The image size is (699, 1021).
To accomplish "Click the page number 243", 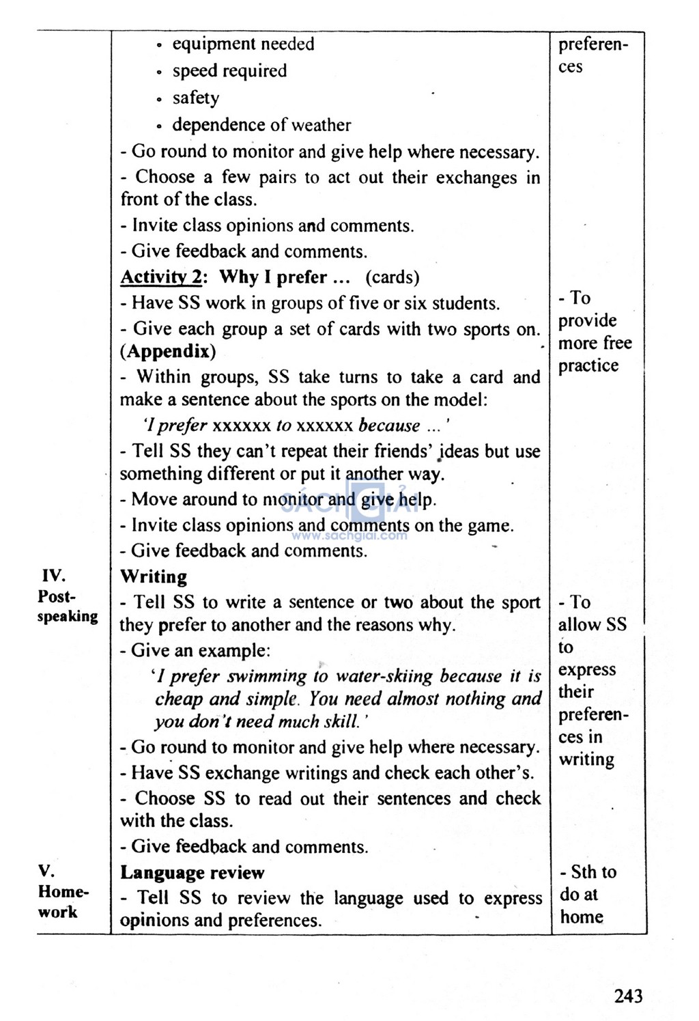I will pos(628,996).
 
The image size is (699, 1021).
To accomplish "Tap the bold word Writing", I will pos(154,576).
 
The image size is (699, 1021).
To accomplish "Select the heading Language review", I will pos(192,872).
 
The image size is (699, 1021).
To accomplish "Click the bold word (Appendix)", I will pos(168,352).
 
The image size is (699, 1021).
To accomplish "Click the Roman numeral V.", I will pos(46,871).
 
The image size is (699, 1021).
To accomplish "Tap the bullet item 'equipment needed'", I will pos(243,44).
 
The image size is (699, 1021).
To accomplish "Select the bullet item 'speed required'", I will pos(229,71).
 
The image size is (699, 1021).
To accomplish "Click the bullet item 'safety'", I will pos(196,98).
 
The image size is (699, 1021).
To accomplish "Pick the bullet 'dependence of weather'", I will pos(261,125).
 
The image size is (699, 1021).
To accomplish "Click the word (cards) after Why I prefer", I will pos(393,277).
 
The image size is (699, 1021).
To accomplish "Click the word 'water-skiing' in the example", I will pos(385,676).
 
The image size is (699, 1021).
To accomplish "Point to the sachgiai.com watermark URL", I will pos(349,536).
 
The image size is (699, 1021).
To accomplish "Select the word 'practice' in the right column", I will pos(588,365).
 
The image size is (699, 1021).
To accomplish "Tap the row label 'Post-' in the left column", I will pos(57,596).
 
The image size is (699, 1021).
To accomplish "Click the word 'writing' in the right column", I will pos(586,759).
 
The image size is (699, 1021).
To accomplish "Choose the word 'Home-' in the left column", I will pos(63,891).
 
